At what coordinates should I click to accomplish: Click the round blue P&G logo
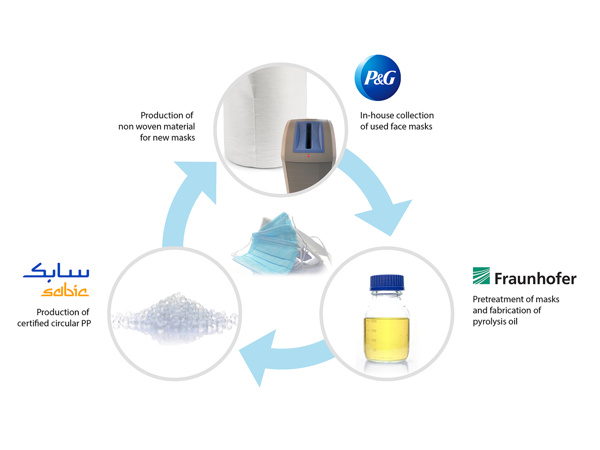point(377,78)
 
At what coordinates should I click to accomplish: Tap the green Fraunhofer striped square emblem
point(481,275)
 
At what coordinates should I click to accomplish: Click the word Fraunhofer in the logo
point(535,278)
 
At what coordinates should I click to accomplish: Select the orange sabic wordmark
point(65,291)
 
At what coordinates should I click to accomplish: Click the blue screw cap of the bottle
point(387,282)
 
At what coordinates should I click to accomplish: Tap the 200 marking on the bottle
point(373,321)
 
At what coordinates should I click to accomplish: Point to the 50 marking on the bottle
point(374,350)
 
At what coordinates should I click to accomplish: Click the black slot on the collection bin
point(308,135)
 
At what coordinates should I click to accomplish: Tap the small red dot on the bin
point(308,156)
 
